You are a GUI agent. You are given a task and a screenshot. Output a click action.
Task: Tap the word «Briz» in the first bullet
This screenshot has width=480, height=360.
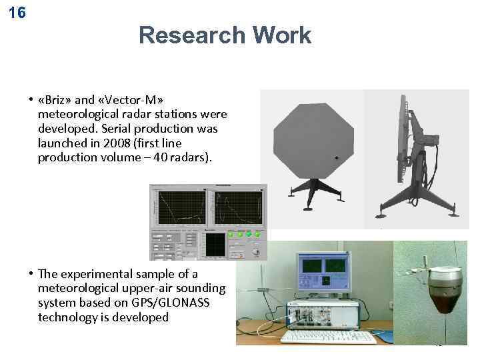[55, 100]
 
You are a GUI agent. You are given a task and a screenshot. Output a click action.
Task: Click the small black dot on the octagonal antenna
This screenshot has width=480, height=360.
[337, 158]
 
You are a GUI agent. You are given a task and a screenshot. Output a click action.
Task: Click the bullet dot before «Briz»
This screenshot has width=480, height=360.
[31, 101]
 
